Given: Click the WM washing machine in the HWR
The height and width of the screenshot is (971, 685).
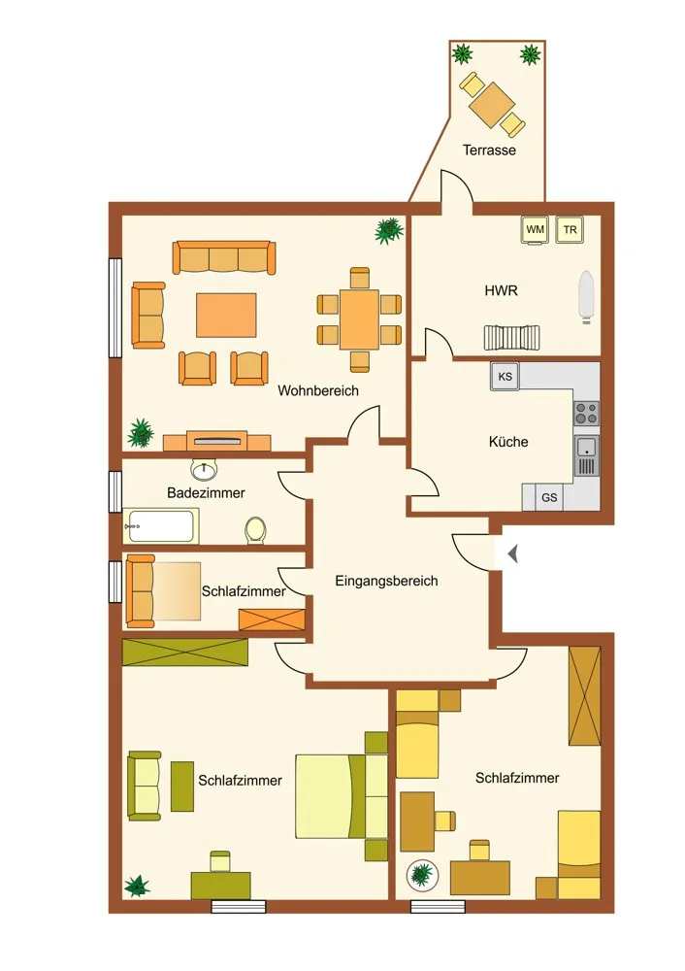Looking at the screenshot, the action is click(x=535, y=230).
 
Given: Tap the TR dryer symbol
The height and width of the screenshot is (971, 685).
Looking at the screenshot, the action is click(x=570, y=230).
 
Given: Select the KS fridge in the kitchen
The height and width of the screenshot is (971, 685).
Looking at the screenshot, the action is click(x=505, y=377).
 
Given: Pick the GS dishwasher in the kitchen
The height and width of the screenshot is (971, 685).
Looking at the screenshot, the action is click(x=549, y=497).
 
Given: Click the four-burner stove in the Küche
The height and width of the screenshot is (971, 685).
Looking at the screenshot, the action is click(x=587, y=413).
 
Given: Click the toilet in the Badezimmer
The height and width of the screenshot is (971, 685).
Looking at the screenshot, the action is click(x=255, y=531).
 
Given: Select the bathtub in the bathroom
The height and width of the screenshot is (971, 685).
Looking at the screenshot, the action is click(x=161, y=525).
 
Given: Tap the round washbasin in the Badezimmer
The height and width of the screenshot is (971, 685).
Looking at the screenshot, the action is click(x=204, y=471).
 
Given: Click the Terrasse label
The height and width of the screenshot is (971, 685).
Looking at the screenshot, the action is click(x=489, y=150).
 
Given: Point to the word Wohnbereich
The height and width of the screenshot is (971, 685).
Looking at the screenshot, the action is click(x=318, y=390).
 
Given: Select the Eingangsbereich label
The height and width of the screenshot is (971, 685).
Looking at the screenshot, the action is click(x=386, y=581).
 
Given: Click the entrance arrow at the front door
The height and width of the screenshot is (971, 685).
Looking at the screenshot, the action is click(x=511, y=553).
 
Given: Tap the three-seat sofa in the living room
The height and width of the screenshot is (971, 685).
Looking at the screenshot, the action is click(x=224, y=257).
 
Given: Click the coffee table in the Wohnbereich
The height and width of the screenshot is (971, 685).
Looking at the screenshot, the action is click(x=226, y=316).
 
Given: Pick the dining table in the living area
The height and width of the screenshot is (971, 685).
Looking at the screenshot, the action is click(x=359, y=319).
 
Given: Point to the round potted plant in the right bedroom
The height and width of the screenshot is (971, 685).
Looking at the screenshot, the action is click(x=423, y=875).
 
